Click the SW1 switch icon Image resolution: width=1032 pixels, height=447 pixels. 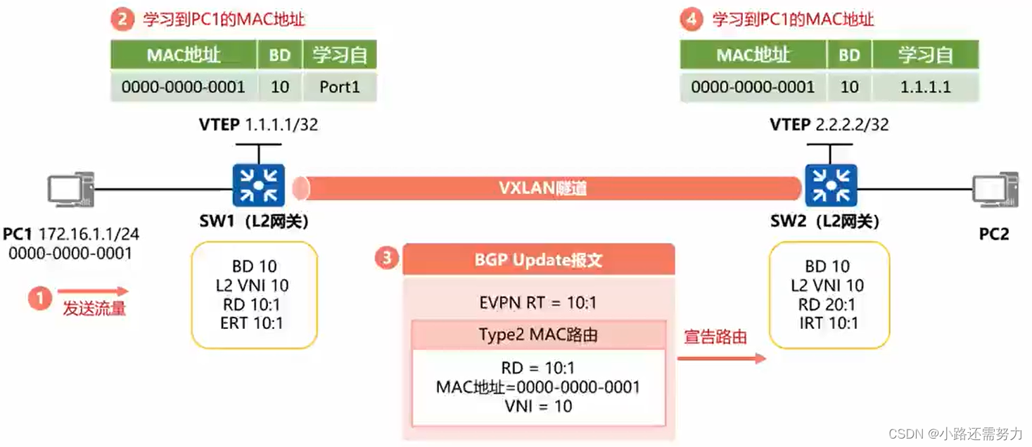tap(259, 186)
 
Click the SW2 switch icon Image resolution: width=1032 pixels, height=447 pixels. tap(832, 186)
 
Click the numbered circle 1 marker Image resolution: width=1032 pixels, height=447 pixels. tap(40, 298)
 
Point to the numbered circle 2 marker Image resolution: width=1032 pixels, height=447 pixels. tap(122, 19)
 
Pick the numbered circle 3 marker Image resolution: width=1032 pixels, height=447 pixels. tap(386, 259)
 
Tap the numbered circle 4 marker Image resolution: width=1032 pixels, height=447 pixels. tap(692, 19)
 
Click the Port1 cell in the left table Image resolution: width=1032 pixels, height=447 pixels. tap(340, 87)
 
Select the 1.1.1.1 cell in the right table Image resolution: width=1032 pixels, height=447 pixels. tap(925, 87)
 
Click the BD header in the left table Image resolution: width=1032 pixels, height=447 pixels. tap(280, 55)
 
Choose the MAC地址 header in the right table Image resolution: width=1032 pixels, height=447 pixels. tap(753, 55)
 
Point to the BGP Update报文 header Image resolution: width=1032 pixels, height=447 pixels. tap(538, 260)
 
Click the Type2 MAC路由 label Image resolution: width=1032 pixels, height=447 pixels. tap(538, 335)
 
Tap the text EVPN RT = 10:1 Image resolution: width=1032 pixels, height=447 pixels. tap(538, 303)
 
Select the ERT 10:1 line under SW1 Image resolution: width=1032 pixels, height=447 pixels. tap(252, 323)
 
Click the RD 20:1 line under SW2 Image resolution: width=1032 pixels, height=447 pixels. tap(827, 304)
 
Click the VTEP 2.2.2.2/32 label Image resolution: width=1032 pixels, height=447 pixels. tap(829, 125)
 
